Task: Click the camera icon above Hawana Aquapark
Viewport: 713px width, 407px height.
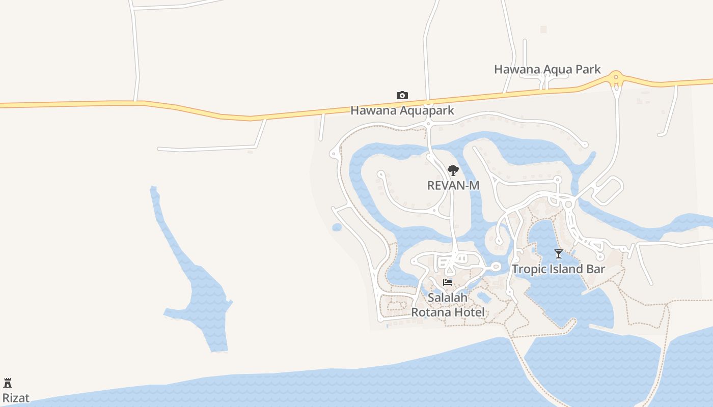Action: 402,95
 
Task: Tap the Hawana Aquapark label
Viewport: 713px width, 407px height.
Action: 402,110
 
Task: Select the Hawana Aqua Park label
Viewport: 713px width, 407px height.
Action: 547,69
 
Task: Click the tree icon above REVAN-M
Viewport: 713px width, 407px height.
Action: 453,170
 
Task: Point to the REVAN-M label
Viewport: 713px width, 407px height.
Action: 453,186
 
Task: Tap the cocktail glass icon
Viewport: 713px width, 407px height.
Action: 558,254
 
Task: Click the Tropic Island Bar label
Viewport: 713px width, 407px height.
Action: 558,269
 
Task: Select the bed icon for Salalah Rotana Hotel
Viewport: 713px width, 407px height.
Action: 448,282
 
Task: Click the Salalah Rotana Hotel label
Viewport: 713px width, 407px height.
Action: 448,305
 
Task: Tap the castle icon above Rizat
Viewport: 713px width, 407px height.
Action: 8,383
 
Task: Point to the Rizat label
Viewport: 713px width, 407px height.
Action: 16,398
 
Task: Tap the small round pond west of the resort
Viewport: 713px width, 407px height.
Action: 337,227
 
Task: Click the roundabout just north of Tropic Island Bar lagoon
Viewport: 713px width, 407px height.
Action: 568,204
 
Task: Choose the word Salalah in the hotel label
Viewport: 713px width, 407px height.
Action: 448,298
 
